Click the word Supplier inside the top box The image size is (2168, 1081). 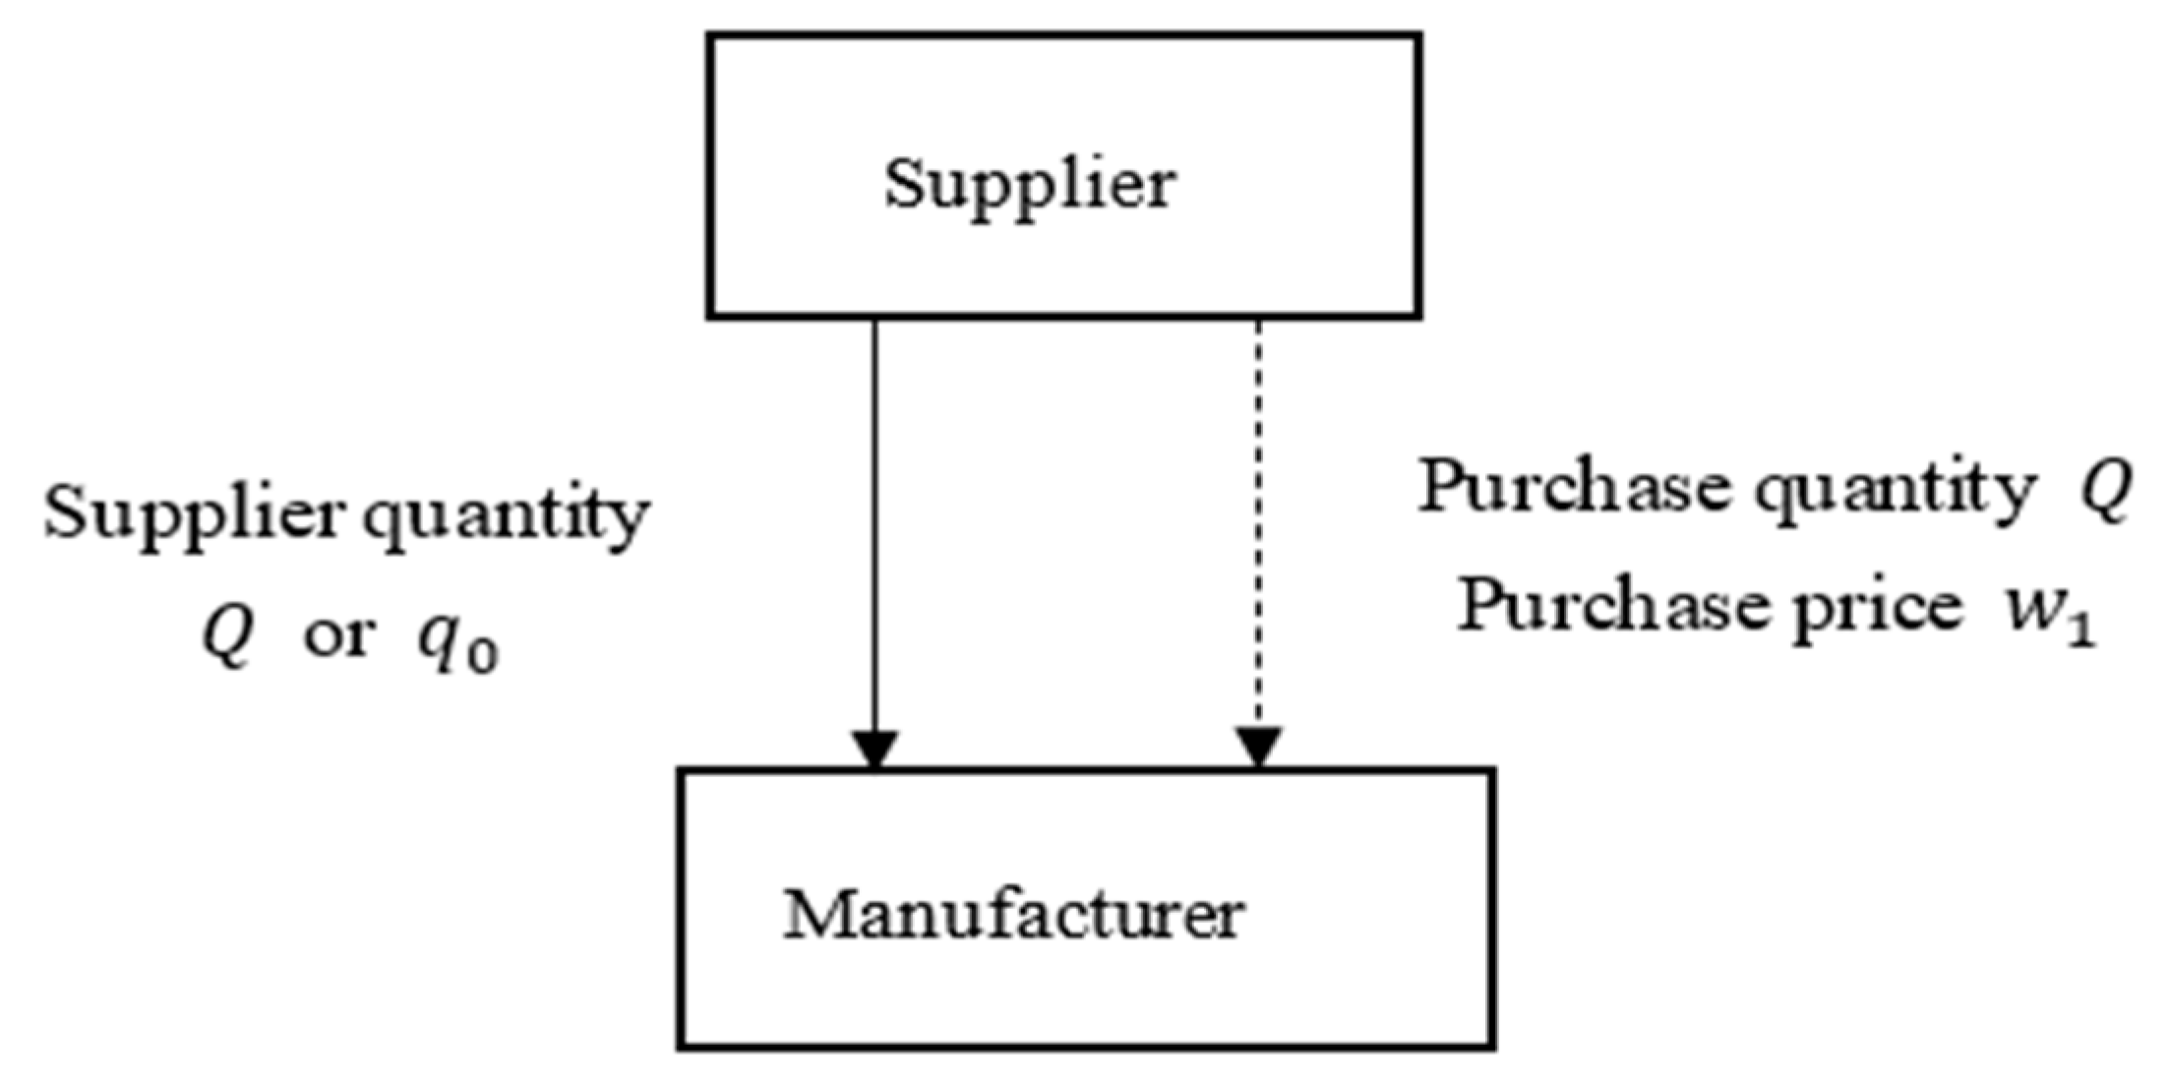click(1030, 184)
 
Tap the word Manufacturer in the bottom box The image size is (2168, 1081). click(1013, 915)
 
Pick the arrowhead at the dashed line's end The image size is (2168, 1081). click(1258, 747)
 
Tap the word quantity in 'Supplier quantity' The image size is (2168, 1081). click(506, 515)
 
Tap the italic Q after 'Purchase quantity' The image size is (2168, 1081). click(2105, 489)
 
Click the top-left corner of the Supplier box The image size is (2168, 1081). click(710, 36)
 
